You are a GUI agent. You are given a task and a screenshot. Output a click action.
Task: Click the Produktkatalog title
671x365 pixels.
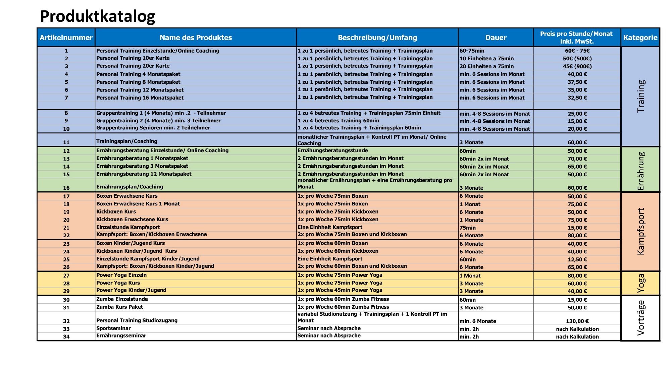click(97, 16)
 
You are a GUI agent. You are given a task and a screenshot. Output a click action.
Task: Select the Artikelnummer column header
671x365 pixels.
click(66, 38)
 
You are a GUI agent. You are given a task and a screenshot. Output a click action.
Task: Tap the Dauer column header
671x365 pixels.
click(496, 38)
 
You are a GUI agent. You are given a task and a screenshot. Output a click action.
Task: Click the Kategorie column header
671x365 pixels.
click(640, 38)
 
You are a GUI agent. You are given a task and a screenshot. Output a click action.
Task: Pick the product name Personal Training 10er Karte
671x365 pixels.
click(133, 58)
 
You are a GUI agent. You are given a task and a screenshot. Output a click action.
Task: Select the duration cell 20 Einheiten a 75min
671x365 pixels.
click(486, 66)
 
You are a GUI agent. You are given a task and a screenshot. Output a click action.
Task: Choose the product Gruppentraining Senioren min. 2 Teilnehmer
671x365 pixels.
click(153, 128)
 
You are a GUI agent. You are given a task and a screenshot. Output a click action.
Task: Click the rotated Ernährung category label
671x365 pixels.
click(640, 170)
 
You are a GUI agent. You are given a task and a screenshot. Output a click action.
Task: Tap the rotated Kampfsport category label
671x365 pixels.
click(640, 231)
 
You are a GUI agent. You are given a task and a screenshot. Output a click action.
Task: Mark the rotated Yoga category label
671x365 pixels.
click(640, 283)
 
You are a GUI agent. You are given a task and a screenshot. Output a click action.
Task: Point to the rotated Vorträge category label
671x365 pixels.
click(640, 318)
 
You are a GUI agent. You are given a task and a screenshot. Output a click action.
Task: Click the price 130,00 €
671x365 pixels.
click(577, 321)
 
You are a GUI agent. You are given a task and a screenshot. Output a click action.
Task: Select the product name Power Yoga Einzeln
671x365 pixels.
click(121, 275)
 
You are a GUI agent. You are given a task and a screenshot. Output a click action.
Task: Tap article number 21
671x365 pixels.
click(66, 228)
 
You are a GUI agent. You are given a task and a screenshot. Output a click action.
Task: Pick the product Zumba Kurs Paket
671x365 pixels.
click(119, 307)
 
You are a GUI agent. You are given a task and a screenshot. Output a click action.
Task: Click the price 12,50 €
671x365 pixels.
click(577, 259)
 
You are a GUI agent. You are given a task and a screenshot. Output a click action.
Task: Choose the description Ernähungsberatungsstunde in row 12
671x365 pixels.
click(332, 151)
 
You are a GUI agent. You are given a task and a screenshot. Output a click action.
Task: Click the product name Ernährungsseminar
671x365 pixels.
click(121, 336)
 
